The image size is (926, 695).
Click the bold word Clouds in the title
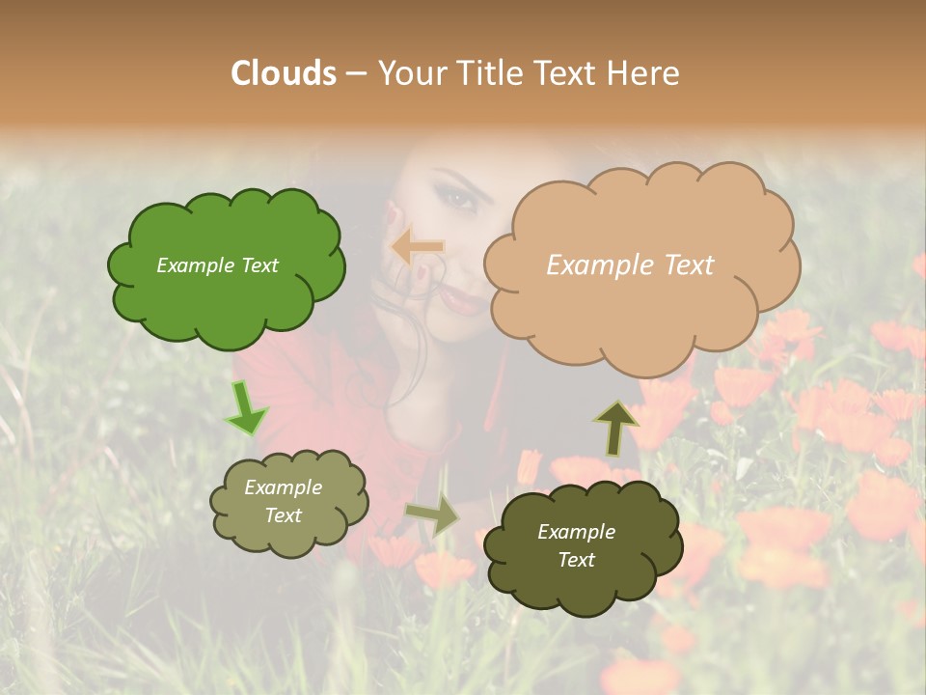coord(284,73)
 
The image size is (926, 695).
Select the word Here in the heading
coord(644,73)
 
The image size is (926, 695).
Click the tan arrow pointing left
coord(418,247)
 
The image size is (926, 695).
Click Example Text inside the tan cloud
coord(630,265)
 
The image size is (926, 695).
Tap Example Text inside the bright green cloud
coord(217,265)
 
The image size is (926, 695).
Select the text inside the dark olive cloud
coord(576,545)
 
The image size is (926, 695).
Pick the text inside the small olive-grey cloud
coord(283,501)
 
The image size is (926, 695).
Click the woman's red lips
coord(466,301)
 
